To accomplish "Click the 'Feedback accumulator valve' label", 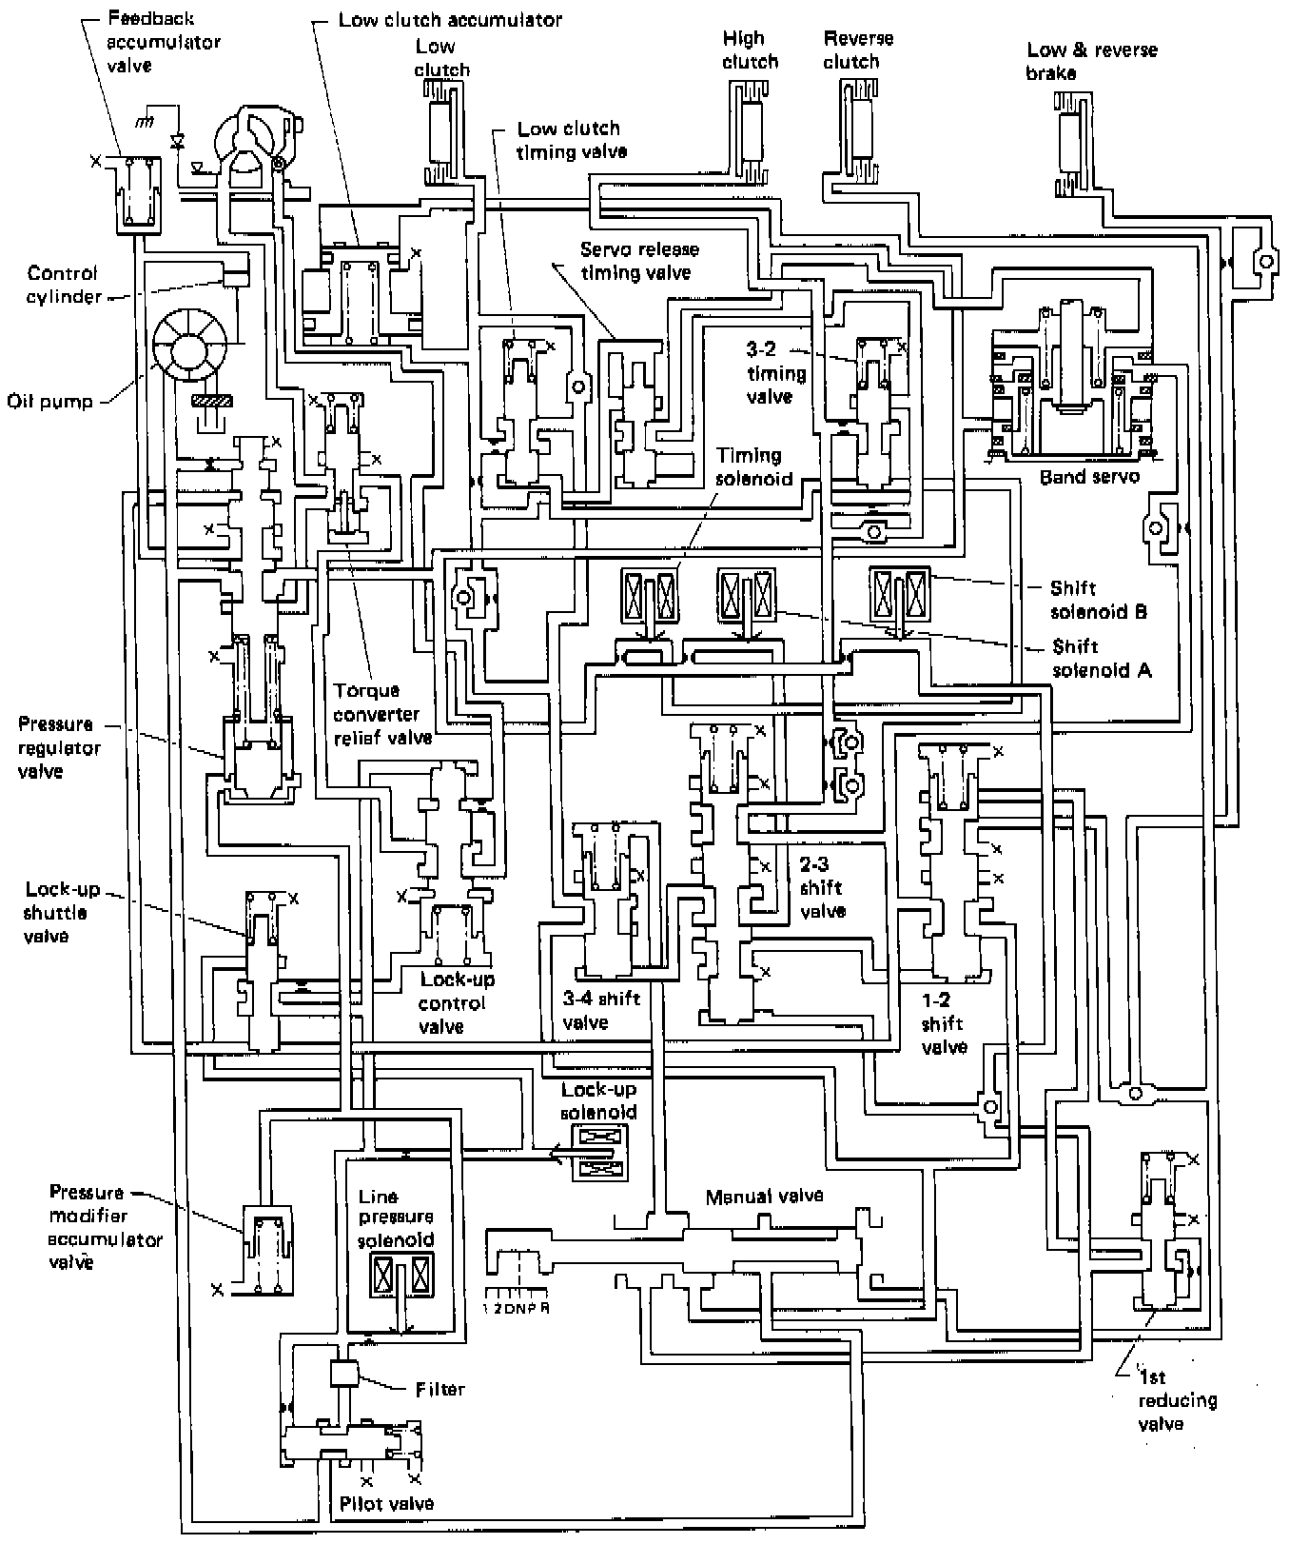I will pyautogui.click(x=163, y=43).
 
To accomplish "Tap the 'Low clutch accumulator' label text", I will pyautogui.click(x=450, y=20).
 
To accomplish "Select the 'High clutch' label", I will pyautogui.click(x=750, y=50).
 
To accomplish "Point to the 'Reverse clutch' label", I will pyautogui.click(x=858, y=50).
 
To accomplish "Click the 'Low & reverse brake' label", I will pyautogui.click(x=1092, y=61).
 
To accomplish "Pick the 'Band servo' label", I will pyautogui.click(x=1089, y=477).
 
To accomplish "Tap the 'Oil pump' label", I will pyautogui.click(x=49, y=401).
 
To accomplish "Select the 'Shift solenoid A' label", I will pyautogui.click(x=1101, y=658).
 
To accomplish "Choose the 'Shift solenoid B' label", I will pyautogui.click(x=1098, y=600).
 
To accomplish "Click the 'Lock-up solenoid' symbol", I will pyautogui.click(x=599, y=1152).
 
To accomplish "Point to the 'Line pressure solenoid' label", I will pyautogui.click(x=396, y=1217).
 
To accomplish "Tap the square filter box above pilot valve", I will pyautogui.click(x=342, y=1374).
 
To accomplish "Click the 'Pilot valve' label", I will pyautogui.click(x=386, y=1504).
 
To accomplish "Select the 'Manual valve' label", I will pyautogui.click(x=764, y=1197).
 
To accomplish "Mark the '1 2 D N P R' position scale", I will pyautogui.click(x=517, y=1308).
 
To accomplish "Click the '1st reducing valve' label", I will pyautogui.click(x=1178, y=1400).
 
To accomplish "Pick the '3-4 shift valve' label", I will pyautogui.click(x=601, y=1010).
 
